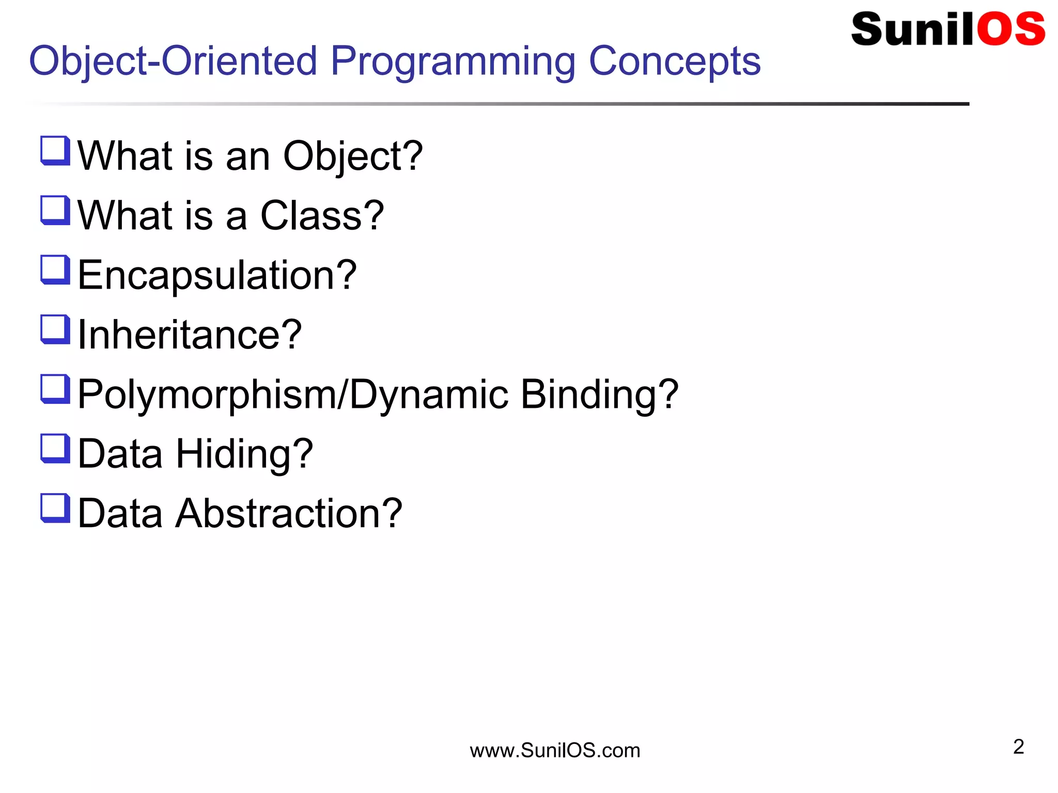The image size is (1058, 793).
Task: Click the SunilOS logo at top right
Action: (947, 29)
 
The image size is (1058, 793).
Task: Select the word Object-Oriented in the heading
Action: (173, 61)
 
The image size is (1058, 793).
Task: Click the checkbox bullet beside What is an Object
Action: (55, 151)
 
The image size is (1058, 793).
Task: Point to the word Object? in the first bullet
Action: (353, 156)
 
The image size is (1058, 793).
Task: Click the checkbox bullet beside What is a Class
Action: (55, 211)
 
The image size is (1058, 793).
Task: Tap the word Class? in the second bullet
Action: (322, 216)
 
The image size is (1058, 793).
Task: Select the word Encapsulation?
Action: (217, 276)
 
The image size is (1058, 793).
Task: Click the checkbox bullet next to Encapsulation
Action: (55, 270)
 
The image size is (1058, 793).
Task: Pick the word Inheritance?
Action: (190, 335)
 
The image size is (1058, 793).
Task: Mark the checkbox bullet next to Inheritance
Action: (55, 329)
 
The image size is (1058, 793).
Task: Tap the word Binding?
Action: (599, 394)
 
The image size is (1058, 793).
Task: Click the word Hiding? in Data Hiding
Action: (244, 454)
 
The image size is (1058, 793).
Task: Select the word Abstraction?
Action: (289, 513)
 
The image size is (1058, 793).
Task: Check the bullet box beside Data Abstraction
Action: (55, 508)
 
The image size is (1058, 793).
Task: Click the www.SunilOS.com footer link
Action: (555, 750)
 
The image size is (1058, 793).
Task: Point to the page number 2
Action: (1018, 747)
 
